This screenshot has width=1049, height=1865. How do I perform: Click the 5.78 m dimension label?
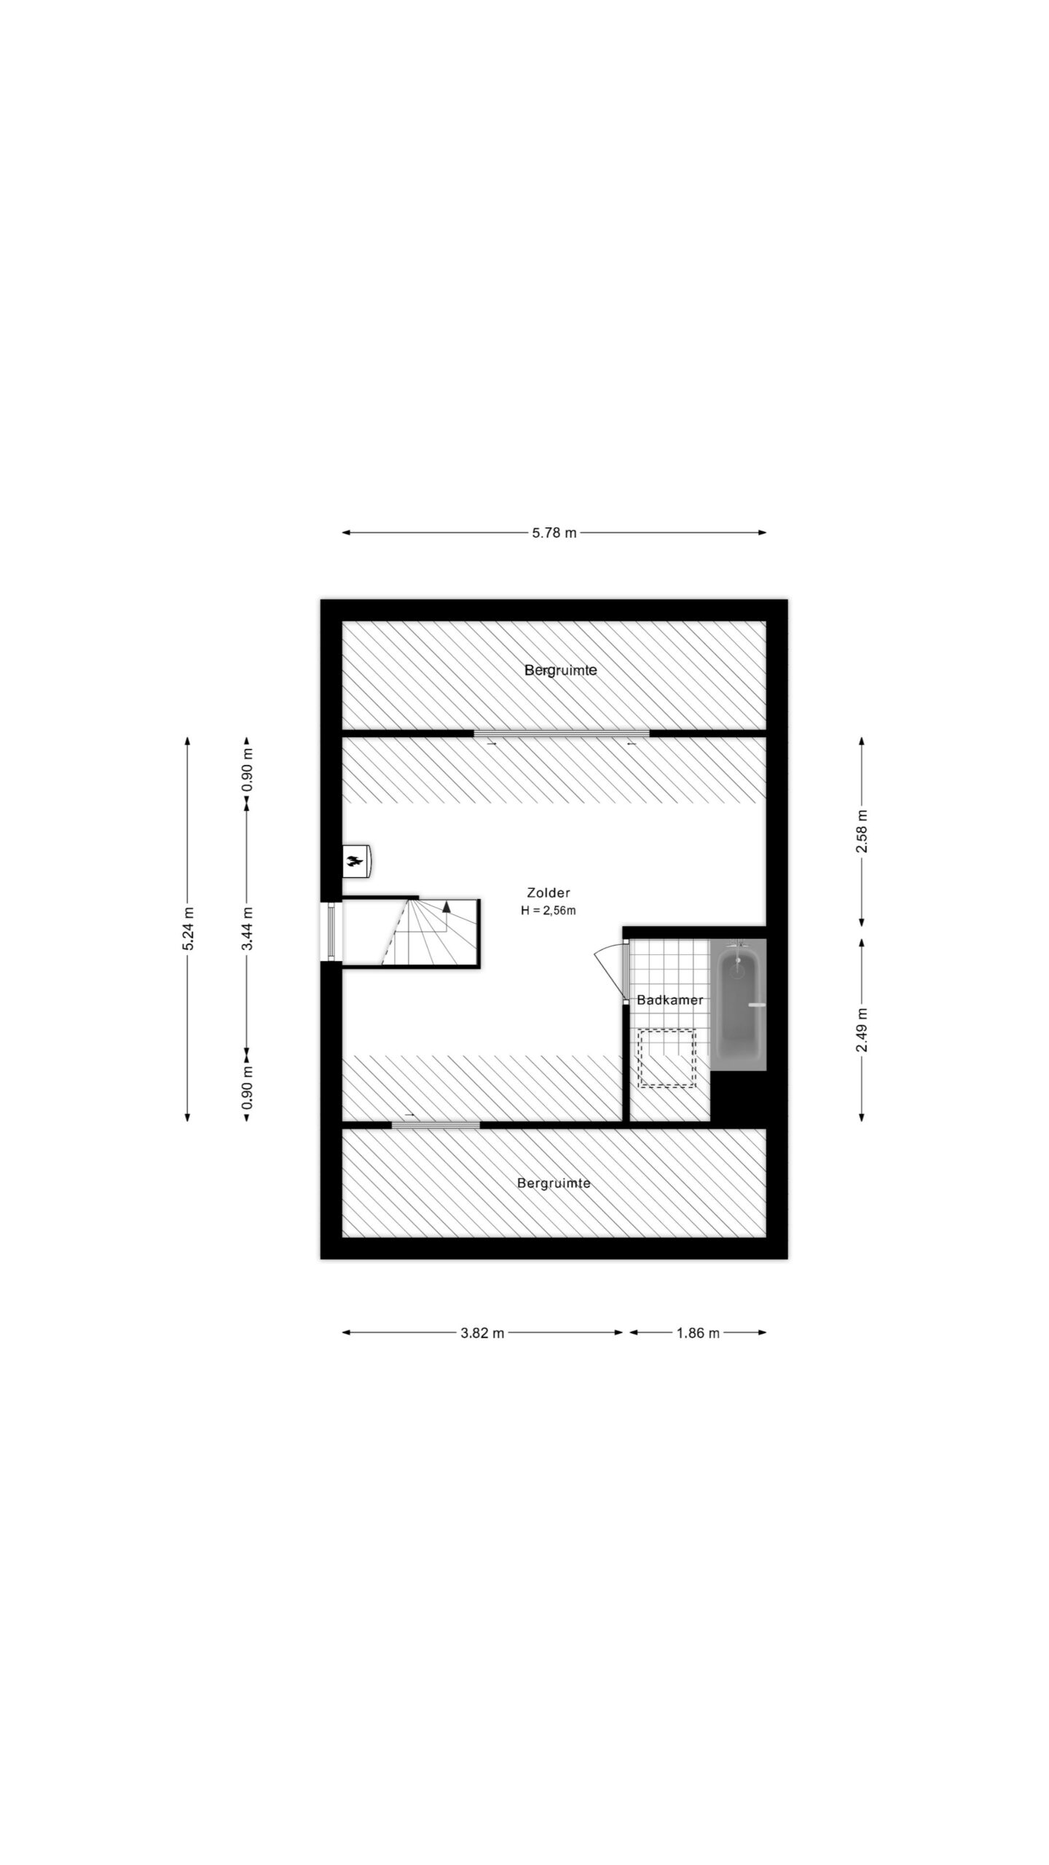554,533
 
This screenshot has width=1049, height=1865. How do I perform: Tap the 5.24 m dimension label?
189,930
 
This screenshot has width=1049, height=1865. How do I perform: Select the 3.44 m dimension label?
248,930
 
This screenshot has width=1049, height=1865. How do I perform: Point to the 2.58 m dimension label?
862,831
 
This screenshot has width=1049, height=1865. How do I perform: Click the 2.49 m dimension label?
862,1030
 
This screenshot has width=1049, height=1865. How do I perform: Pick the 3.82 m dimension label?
482,1333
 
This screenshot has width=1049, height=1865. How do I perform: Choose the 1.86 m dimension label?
698,1333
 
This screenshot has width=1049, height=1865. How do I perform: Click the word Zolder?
549,892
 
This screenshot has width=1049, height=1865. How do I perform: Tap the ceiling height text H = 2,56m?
549,910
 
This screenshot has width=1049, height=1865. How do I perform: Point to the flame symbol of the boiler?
355,862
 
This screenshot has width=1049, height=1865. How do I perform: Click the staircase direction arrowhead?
447,906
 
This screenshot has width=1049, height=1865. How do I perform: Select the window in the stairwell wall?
331,931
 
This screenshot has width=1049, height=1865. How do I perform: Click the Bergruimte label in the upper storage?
561,670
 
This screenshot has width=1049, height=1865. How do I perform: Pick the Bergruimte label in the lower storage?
554,1184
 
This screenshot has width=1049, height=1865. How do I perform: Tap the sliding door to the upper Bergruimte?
562,733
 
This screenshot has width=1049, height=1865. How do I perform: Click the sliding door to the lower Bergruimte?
436,1125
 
